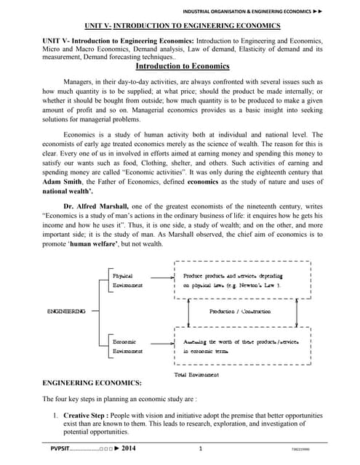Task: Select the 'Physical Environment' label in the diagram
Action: pyautogui.click(x=127, y=281)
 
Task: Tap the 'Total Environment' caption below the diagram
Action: pyautogui.click(x=196, y=374)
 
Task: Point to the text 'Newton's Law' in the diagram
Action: pyautogui.click(x=255, y=286)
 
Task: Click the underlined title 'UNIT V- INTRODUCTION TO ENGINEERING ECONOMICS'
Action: pyautogui.click(x=180, y=24)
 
